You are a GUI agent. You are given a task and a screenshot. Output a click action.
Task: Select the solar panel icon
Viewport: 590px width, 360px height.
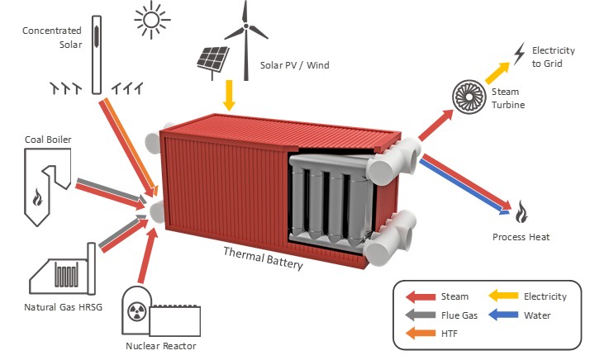point(212,59)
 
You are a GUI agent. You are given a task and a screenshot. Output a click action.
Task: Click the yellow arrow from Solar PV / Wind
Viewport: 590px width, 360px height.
point(229,95)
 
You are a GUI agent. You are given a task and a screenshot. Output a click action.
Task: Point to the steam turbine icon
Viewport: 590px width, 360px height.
point(467,96)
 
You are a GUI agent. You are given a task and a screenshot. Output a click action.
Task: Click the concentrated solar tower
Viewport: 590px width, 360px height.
point(98,54)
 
